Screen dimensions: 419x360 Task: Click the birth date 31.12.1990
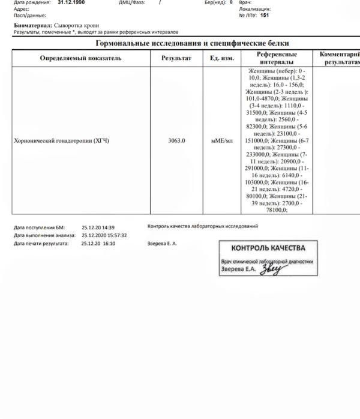(x=70, y=2)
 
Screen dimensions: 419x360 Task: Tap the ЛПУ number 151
(x=265, y=15)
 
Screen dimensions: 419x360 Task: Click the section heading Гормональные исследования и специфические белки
(x=192, y=43)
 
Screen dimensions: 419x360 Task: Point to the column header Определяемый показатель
(x=80, y=58)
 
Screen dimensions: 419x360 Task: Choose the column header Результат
(x=176, y=58)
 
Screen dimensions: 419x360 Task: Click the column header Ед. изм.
(x=221, y=58)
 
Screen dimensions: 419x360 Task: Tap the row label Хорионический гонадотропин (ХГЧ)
(x=61, y=140)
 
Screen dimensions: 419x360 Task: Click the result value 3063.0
(x=176, y=140)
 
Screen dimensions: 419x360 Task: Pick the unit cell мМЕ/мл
(x=221, y=140)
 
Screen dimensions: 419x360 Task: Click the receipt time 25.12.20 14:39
(x=98, y=227)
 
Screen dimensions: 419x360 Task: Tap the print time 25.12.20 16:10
(x=98, y=244)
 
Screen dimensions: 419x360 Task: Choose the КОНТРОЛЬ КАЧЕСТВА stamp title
(x=268, y=249)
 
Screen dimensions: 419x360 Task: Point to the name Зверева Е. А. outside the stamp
(x=162, y=244)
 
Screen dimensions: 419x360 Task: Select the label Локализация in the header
(x=254, y=9)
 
